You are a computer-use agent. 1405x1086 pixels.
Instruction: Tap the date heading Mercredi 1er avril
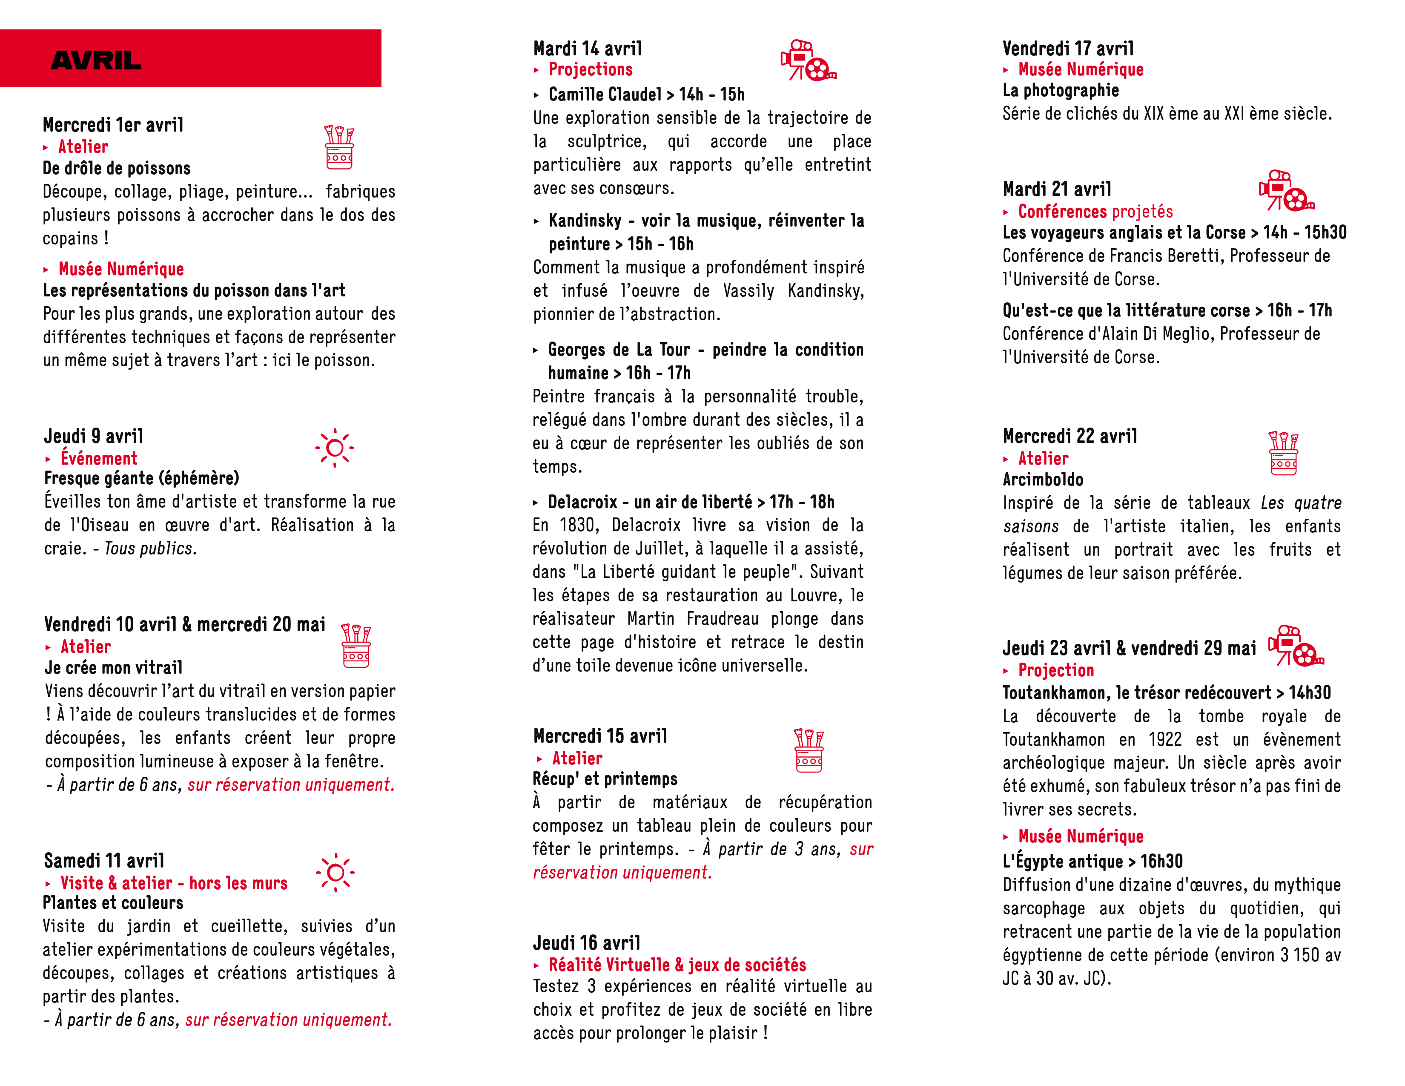point(113,124)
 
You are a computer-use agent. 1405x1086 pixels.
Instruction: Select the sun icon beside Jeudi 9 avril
point(335,447)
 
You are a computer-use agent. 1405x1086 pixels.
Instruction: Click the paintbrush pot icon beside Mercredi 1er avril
point(339,147)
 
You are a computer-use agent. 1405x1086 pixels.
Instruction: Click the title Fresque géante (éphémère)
point(141,478)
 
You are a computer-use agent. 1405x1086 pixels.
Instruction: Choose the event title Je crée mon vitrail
point(114,667)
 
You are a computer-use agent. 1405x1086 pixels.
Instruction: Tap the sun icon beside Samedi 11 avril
point(335,872)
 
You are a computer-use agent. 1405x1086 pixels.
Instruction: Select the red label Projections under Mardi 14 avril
point(591,69)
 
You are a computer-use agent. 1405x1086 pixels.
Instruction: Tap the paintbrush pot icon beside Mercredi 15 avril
point(809,750)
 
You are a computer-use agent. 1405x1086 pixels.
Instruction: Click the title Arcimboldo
point(1043,479)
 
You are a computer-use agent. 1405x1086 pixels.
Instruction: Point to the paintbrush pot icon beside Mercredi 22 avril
point(1283,453)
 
